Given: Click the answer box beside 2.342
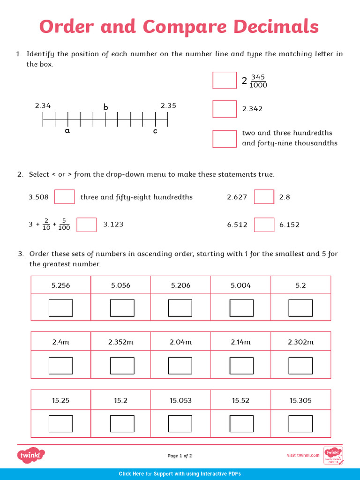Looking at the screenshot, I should click(225, 109).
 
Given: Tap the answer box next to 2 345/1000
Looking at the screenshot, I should click(225, 80).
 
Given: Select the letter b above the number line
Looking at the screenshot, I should click(106, 108).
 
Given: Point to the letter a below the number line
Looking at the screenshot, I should click(67, 131).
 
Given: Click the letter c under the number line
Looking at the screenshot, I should click(156, 131).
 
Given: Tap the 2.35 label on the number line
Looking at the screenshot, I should click(168, 106).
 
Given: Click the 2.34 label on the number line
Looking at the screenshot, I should click(43, 106).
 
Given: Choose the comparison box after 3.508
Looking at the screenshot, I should click(65, 197).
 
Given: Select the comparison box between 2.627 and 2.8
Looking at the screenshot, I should click(264, 197).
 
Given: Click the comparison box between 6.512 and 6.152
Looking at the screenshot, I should click(264, 225).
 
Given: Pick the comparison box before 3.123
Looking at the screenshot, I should click(87, 225).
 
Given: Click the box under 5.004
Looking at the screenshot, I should click(241, 308).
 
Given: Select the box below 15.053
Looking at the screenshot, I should click(180, 423).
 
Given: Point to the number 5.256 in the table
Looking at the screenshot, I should click(61, 285).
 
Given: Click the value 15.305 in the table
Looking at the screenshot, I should click(300, 400).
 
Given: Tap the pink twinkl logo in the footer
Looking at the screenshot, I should click(31, 455).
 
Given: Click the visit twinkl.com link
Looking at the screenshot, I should click(303, 455).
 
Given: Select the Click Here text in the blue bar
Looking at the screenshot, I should click(131, 474).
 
